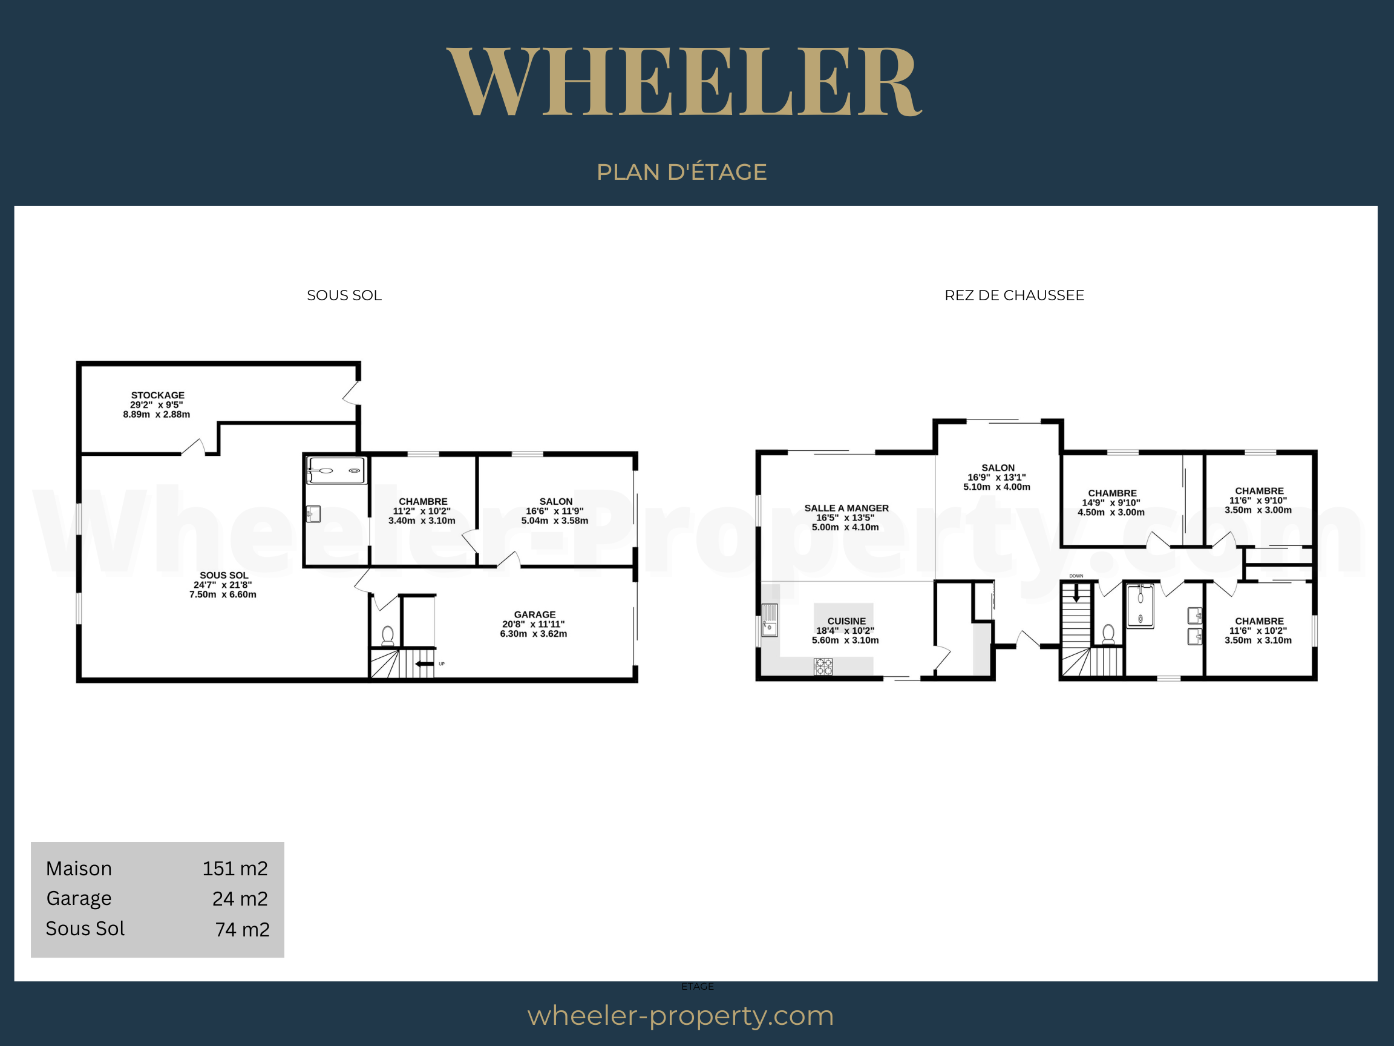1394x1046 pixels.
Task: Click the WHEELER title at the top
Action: click(x=684, y=81)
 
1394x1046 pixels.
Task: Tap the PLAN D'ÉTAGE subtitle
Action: click(x=682, y=171)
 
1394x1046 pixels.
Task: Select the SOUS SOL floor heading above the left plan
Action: click(x=344, y=295)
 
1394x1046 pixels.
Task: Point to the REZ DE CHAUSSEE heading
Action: click(x=1014, y=295)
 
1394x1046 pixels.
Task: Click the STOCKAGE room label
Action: click(x=157, y=395)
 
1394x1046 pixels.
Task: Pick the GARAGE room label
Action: click(x=534, y=614)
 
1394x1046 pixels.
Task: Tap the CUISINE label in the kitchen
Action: click(x=846, y=621)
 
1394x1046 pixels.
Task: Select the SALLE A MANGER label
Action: click(x=846, y=507)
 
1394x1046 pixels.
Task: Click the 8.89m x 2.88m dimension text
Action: click(x=156, y=414)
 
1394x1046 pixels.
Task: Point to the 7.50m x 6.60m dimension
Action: click(x=223, y=594)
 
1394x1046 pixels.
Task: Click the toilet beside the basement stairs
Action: click(x=388, y=635)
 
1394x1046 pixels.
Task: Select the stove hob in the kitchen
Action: click(x=823, y=666)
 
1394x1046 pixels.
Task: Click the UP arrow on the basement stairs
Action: click(x=424, y=663)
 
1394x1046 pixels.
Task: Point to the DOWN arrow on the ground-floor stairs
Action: click(x=1076, y=593)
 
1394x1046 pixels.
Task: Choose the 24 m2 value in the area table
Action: click(x=240, y=898)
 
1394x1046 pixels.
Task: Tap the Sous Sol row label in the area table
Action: click(x=85, y=928)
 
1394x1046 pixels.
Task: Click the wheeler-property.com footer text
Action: click(x=681, y=1016)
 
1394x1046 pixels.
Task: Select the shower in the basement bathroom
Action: click(x=336, y=470)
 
